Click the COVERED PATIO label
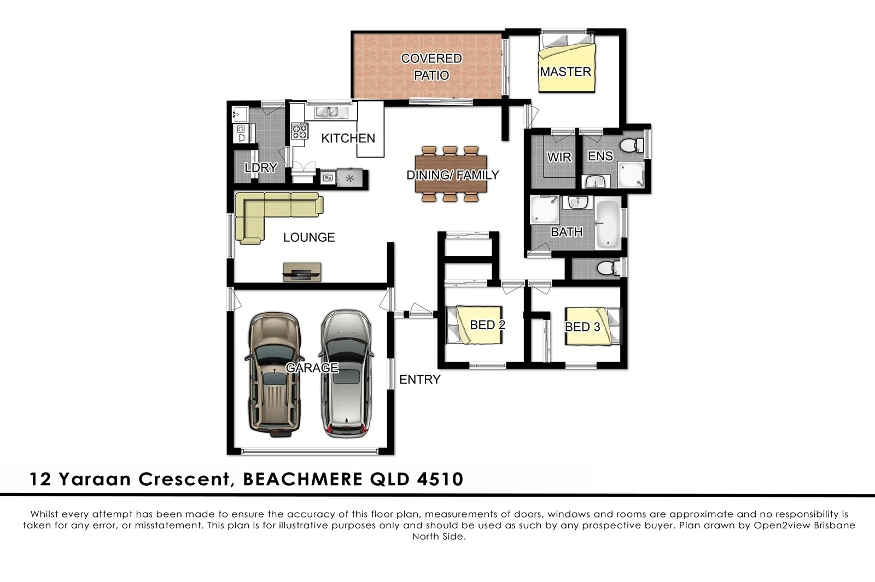click(x=431, y=66)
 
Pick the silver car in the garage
click(x=346, y=375)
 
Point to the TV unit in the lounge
click(x=302, y=271)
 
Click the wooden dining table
click(x=451, y=174)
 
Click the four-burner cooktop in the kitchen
click(x=299, y=131)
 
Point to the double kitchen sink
click(x=328, y=112)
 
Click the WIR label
click(x=559, y=157)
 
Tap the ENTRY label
click(x=419, y=379)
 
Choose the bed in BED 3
click(x=592, y=326)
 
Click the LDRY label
click(x=260, y=167)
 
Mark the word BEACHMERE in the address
click(x=302, y=479)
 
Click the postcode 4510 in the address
click(x=440, y=479)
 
